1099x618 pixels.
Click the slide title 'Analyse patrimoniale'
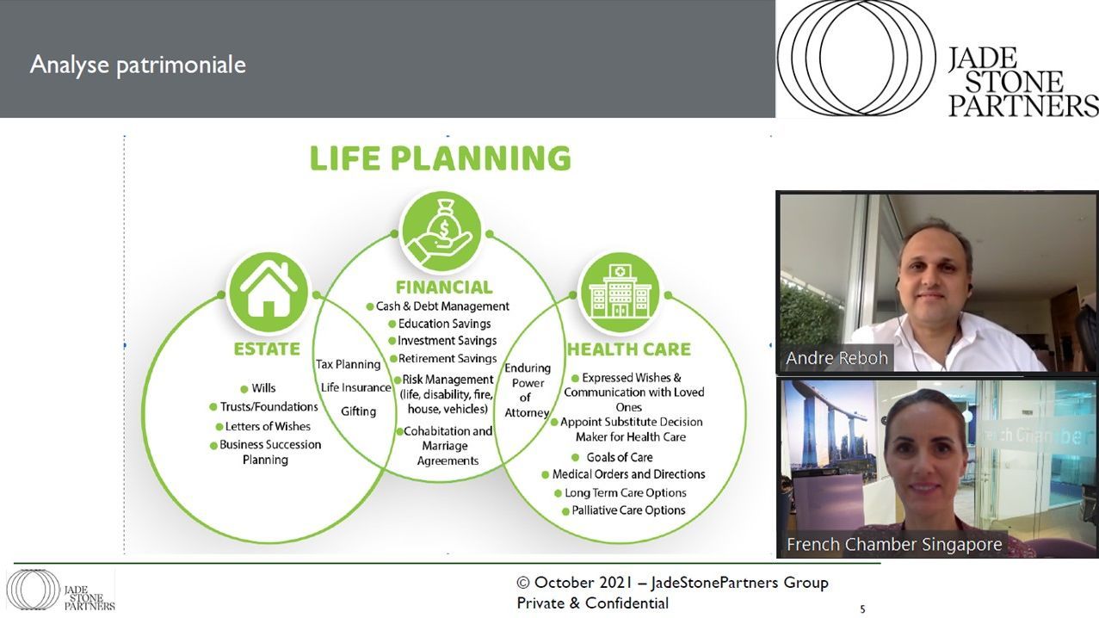(138, 65)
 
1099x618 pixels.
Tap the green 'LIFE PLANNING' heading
(441, 158)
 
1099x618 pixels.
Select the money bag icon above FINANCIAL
(441, 232)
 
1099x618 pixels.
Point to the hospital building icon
(621, 293)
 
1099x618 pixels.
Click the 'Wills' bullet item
(258, 388)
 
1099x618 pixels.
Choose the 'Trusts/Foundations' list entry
(263, 407)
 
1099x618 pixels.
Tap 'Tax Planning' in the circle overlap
(348, 364)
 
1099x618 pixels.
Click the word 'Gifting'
(358, 411)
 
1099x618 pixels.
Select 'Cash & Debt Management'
(438, 306)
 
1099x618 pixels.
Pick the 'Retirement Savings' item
(443, 359)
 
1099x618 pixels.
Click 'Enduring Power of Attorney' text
(527, 390)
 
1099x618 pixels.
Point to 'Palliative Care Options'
(623, 510)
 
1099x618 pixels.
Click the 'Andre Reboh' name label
(837, 358)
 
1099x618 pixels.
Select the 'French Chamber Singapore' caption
(894, 544)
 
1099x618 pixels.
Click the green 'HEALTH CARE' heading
(628, 349)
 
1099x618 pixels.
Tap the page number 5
(862, 609)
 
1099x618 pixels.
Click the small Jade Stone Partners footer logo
(60, 590)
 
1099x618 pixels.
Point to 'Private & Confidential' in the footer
(593, 603)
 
